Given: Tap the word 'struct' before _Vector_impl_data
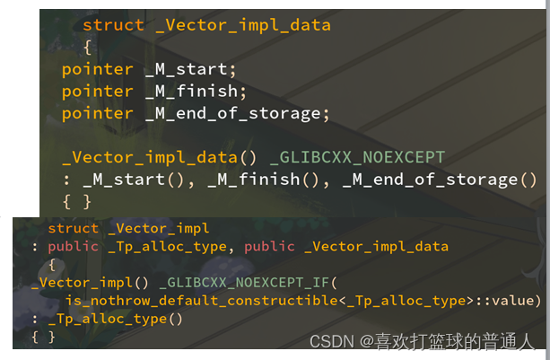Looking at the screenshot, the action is point(113,25).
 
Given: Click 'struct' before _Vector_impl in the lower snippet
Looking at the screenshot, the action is point(74,228).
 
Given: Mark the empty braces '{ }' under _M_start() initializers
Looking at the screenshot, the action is point(77,201).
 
